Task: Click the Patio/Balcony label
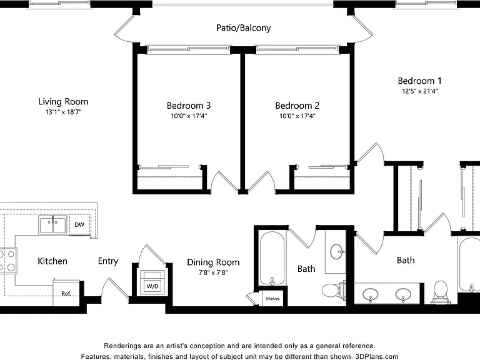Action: pyautogui.click(x=243, y=28)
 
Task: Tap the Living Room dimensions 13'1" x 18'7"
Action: pyautogui.click(x=63, y=112)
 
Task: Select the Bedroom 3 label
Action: pyautogui.click(x=189, y=106)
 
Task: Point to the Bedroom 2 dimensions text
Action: pyautogui.click(x=297, y=116)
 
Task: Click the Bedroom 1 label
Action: pyautogui.click(x=419, y=81)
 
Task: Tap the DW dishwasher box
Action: pyautogui.click(x=79, y=225)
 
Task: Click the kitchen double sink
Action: pyautogui.click(x=52, y=225)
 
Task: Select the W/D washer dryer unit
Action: pyautogui.click(x=152, y=282)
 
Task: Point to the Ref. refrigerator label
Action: pyautogui.click(x=66, y=294)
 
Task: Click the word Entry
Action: pyautogui.click(x=108, y=261)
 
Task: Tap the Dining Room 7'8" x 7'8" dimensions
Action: pyautogui.click(x=213, y=272)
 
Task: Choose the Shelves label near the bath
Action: pyautogui.click(x=272, y=299)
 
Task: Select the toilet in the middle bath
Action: pyautogui.click(x=333, y=290)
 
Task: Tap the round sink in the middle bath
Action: pyautogui.click(x=337, y=252)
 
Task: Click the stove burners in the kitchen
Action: pyautogui.click(x=8, y=261)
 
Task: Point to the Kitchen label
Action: pyautogui.click(x=52, y=261)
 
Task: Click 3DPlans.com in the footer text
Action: pyautogui.click(x=376, y=356)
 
